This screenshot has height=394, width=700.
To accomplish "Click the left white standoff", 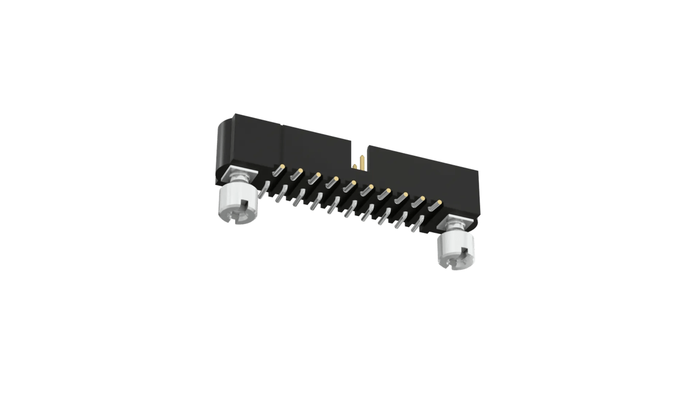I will [236, 204].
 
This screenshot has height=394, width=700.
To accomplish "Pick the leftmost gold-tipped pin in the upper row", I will [281, 168].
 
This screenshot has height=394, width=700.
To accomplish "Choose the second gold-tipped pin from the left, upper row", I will [298, 172].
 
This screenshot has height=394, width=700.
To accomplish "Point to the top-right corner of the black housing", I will [478, 172].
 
